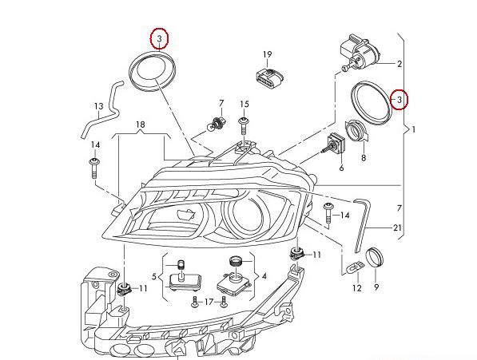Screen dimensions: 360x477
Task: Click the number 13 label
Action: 99,107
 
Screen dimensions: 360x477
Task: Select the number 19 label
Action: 268,54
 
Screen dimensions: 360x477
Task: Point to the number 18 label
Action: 140,125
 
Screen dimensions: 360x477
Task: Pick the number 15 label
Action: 244,105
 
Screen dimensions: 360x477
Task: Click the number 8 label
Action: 364,158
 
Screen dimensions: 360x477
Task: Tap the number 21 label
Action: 397,227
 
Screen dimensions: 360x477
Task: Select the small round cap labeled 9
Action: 373,259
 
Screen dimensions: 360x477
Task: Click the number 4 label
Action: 264,275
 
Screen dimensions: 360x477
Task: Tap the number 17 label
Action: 209,302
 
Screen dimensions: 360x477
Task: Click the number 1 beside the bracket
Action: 413,128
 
